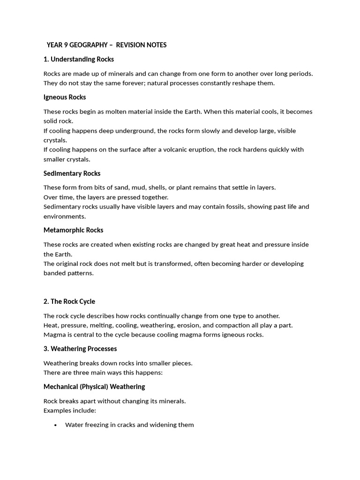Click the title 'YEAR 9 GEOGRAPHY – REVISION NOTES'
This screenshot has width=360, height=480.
(x=106, y=45)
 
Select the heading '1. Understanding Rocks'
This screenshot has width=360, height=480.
(x=79, y=60)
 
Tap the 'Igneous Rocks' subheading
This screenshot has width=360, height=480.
(x=65, y=97)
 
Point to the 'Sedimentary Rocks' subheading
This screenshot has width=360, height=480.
(x=72, y=173)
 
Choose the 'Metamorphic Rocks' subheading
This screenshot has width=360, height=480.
(x=73, y=230)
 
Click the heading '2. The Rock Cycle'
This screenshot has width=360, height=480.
(x=69, y=301)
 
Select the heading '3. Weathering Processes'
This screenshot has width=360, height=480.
(x=80, y=349)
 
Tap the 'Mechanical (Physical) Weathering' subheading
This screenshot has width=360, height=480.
(x=94, y=387)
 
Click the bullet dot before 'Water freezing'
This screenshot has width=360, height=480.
(x=55, y=425)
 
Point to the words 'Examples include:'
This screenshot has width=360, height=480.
(x=70, y=411)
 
